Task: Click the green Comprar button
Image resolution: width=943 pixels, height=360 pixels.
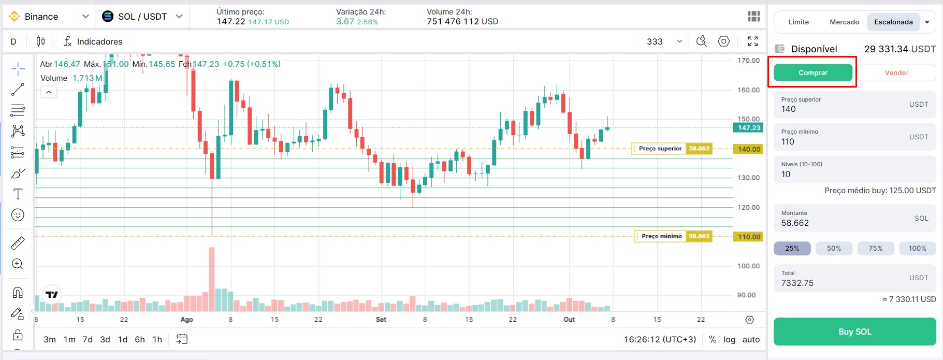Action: [x=813, y=73]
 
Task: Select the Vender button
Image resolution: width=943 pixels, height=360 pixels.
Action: [x=896, y=73]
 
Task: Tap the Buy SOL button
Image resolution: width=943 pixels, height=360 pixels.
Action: [x=854, y=332]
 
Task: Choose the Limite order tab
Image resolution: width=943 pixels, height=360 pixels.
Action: [x=799, y=22]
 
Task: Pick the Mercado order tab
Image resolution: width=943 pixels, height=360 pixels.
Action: [x=844, y=22]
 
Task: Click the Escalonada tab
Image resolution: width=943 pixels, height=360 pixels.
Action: [x=893, y=22]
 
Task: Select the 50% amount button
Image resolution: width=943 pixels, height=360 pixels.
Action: [x=834, y=249]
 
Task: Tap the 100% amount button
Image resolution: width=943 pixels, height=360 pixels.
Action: [x=917, y=249]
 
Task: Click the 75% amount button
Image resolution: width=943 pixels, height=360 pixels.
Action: [x=876, y=249]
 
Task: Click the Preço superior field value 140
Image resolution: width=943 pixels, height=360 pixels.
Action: [x=789, y=109]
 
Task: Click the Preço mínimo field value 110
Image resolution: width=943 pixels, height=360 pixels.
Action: [x=788, y=142]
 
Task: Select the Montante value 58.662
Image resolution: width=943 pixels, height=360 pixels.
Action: [x=795, y=223]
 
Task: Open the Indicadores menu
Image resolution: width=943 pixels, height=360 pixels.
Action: [x=93, y=41]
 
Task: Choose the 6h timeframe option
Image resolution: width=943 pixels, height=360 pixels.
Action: [x=140, y=340]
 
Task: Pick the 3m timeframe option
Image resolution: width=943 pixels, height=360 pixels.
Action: [x=50, y=340]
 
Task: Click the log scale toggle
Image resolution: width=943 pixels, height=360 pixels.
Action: [x=729, y=340]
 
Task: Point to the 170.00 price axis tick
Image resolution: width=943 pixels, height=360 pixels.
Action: [x=748, y=61]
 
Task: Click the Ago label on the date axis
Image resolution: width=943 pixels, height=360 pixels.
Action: [x=186, y=320]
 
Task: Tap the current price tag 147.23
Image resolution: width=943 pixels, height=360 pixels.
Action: [x=749, y=128]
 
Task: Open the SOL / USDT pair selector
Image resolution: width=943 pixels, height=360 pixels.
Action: [x=142, y=17]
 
